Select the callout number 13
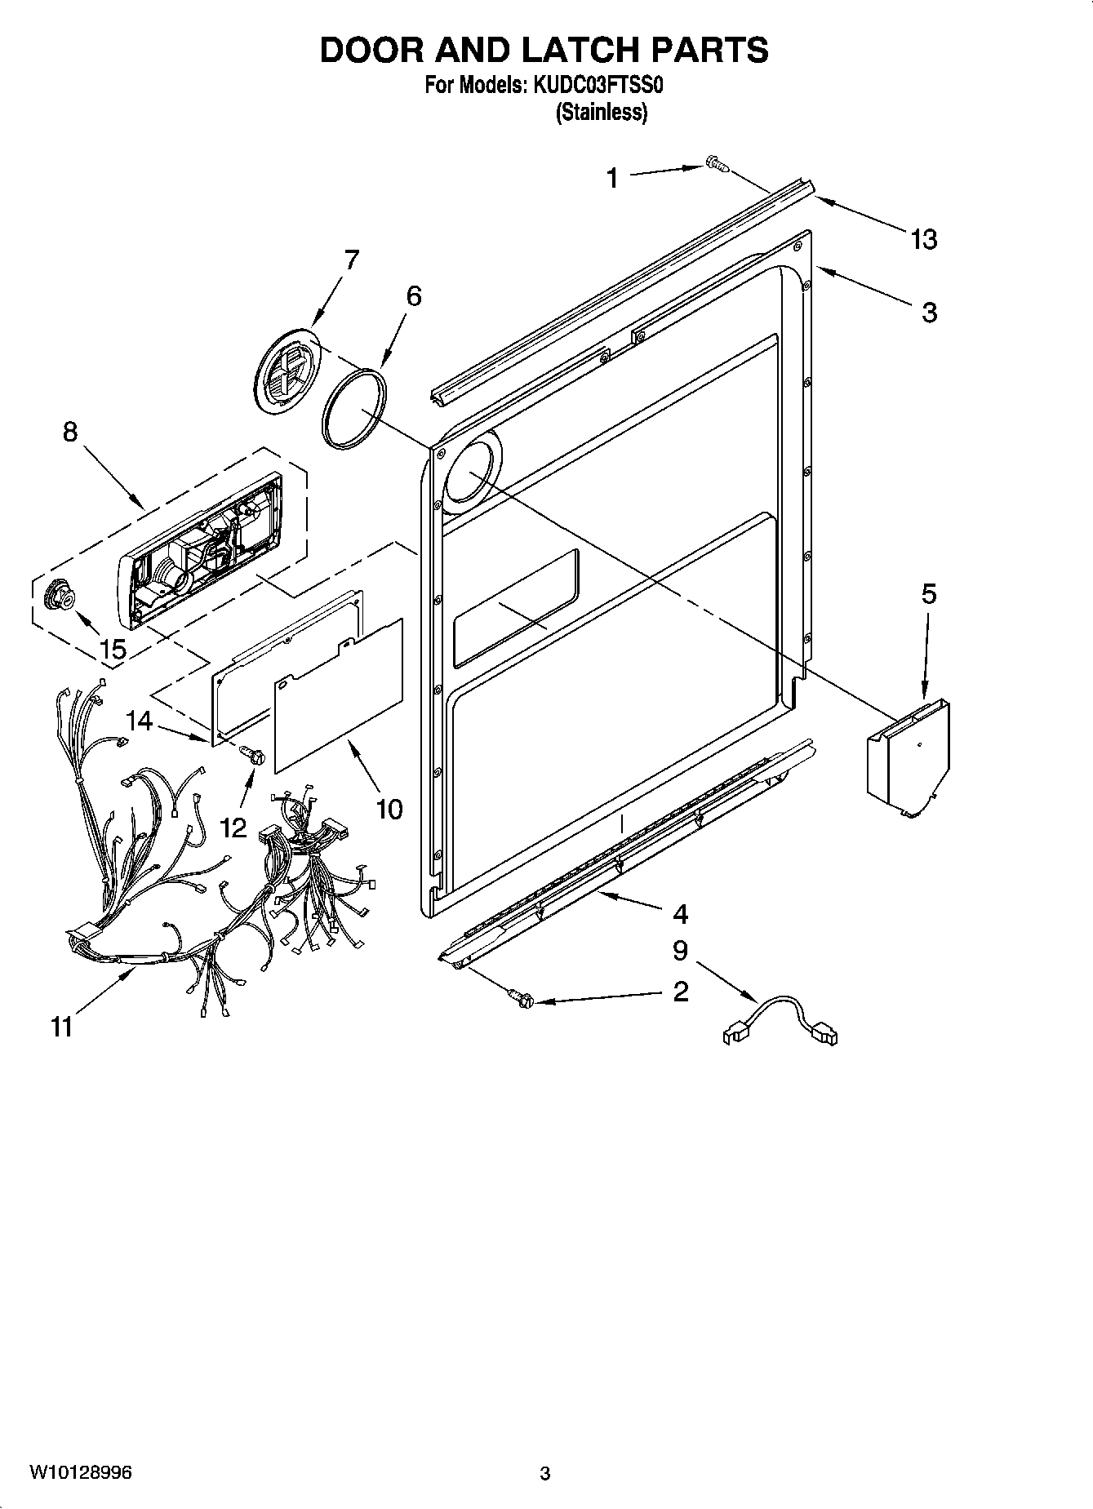coord(924,239)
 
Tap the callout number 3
coord(929,312)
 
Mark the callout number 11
coord(62,1027)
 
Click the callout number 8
coord(70,432)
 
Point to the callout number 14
coord(139,721)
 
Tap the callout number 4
coord(680,914)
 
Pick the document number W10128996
coord(81,1472)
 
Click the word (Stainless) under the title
coord(602,113)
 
